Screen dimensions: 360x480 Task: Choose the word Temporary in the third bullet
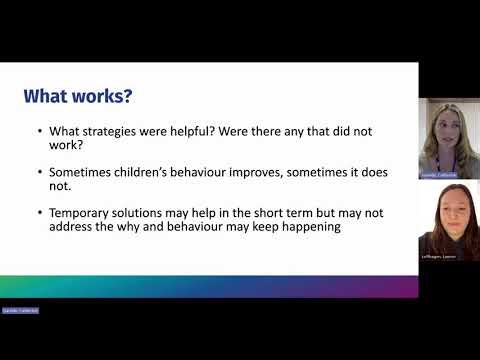click(x=84, y=213)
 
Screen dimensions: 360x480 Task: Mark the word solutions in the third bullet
click(x=150, y=213)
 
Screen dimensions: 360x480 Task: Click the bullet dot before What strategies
click(x=39, y=132)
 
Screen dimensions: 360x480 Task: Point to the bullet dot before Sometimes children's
click(x=39, y=172)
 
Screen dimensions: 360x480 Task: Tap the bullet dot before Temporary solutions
click(x=39, y=213)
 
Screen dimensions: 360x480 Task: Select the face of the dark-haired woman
click(x=445, y=219)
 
